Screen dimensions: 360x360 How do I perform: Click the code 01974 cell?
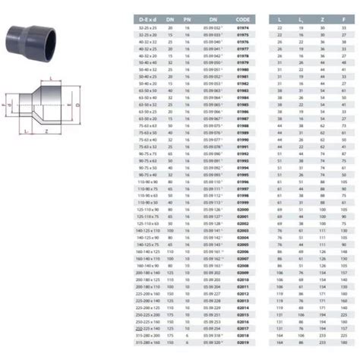tap(242, 27)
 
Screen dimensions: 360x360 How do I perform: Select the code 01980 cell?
tap(242, 68)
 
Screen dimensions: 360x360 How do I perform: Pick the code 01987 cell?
tap(242, 118)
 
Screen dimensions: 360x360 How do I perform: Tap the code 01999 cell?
tap(242, 203)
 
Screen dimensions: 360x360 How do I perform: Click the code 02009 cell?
tap(242, 272)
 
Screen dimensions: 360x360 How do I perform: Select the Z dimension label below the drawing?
tap(48, 131)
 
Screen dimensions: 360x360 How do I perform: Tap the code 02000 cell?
tap(242, 210)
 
